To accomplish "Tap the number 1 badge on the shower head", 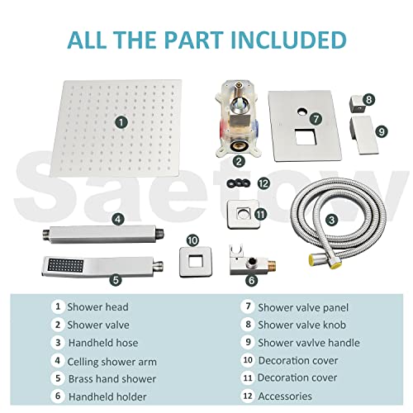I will click(x=121, y=121).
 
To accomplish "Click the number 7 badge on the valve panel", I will click(x=316, y=119).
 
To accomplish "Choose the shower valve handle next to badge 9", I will click(x=362, y=131).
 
